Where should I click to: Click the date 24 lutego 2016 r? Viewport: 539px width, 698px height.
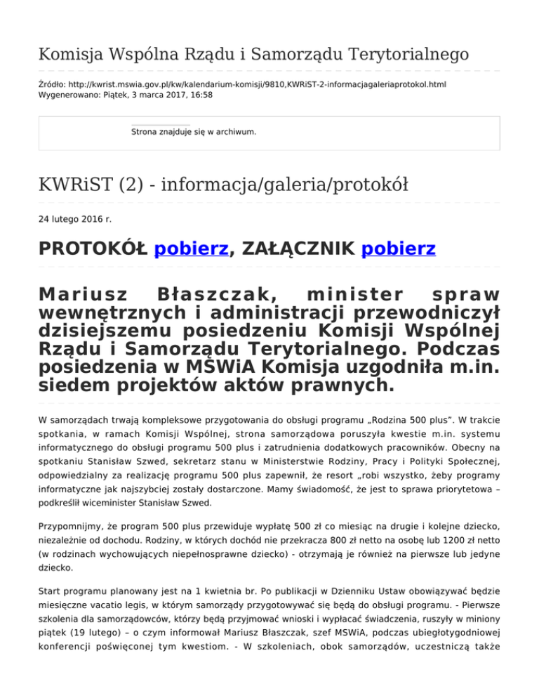pyautogui.click(x=74, y=219)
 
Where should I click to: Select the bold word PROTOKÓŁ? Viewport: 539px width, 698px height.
pyautogui.click(x=93, y=249)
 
